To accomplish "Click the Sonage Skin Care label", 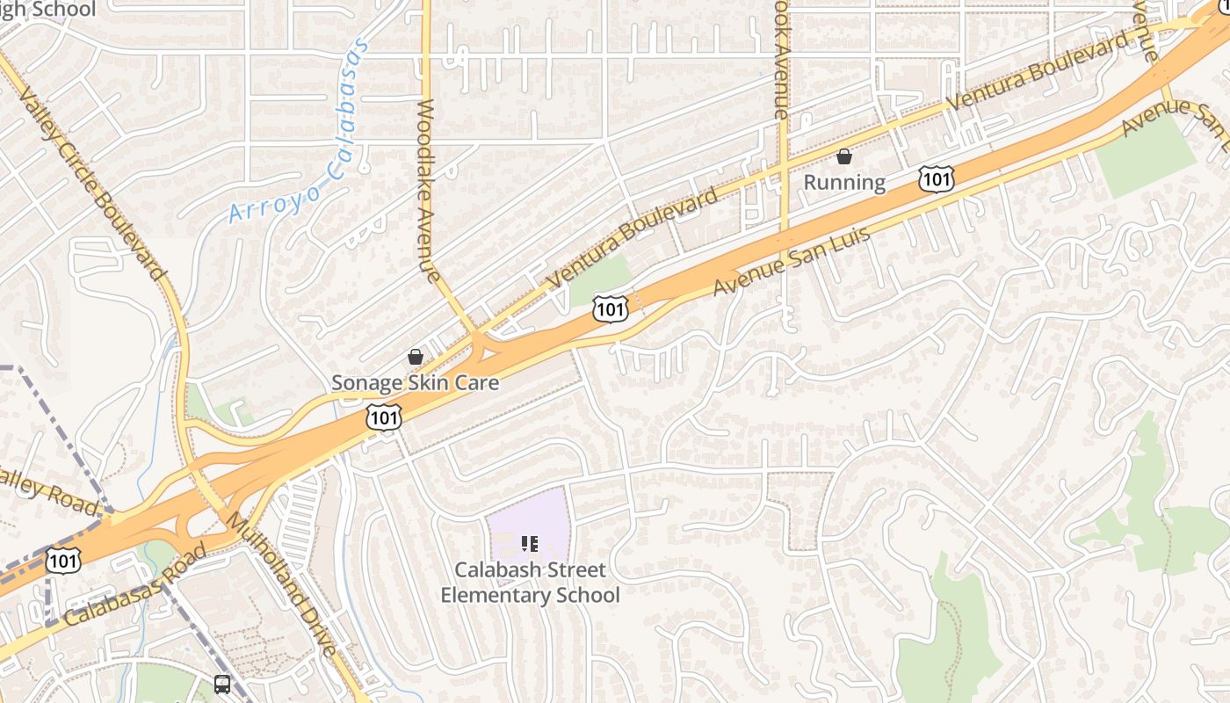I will pos(415,382).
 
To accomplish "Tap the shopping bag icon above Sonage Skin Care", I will pos(416,357).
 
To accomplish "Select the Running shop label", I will pos(844,182).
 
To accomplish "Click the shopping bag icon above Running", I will pos(844,157).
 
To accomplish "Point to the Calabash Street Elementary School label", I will pos(530,582).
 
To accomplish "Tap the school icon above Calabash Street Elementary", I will pos(529,545).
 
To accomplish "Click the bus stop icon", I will pos(222,684).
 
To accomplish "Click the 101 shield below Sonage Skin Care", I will pos(384,417).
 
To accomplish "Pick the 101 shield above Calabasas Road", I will pos(64,561).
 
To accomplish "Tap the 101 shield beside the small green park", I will pos(610,308).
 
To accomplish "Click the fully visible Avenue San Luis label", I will pos(791,261).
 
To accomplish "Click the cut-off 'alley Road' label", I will pos(48,492).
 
